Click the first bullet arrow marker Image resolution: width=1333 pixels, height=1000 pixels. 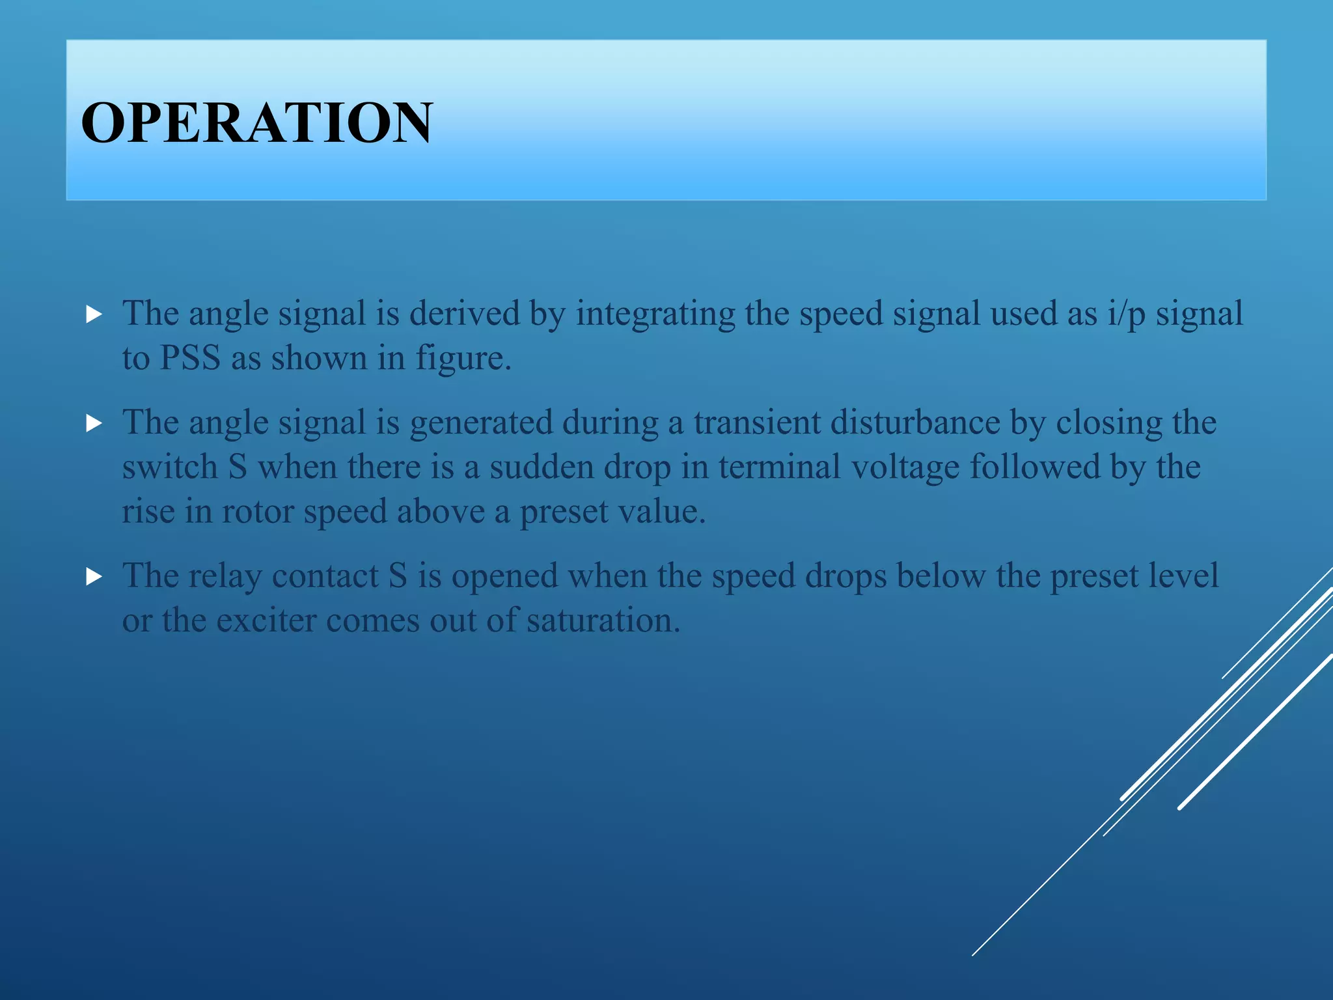pyautogui.click(x=94, y=316)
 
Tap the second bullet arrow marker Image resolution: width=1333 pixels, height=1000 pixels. pyautogui.click(x=94, y=424)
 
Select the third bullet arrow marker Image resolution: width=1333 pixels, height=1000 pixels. pyautogui.click(x=94, y=577)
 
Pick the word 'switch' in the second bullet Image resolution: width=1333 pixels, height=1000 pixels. pyautogui.click(x=170, y=467)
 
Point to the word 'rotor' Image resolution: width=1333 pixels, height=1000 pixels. pyautogui.click(x=258, y=512)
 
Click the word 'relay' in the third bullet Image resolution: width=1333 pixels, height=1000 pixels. pyautogui.click(x=225, y=576)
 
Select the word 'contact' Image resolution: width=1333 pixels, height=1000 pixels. pyautogui.click(x=325, y=576)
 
